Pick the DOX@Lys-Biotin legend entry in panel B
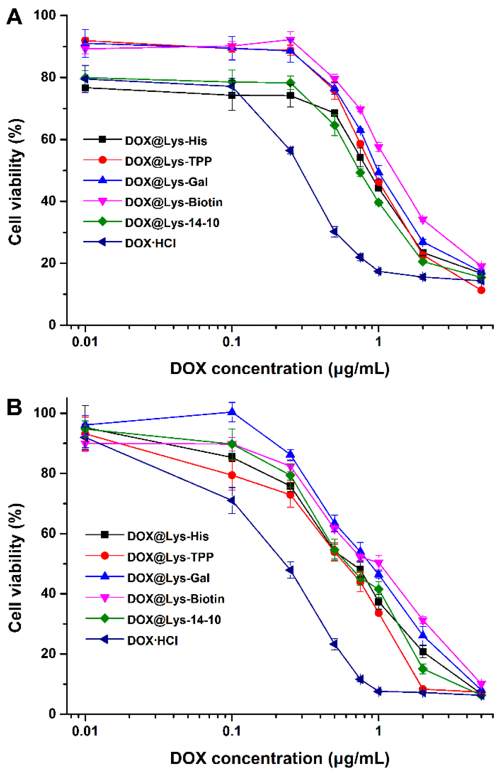tap(175, 599)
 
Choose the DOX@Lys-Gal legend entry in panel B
tap(168, 578)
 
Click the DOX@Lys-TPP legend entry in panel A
tap(168, 161)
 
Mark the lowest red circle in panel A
tap(481, 290)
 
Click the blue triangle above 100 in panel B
tap(232, 412)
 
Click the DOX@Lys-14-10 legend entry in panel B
tap(174, 620)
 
